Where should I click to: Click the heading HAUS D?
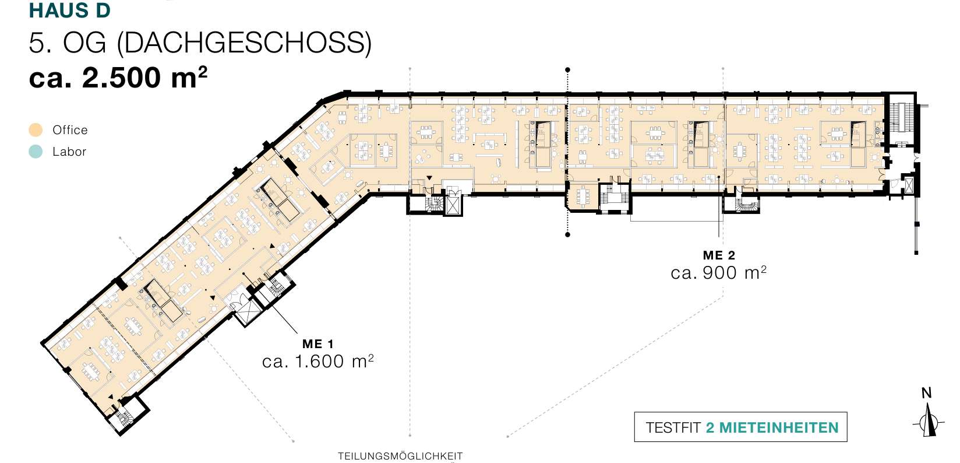click(69, 10)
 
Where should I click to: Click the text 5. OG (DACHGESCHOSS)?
click(200, 43)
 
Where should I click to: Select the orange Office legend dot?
click(36, 129)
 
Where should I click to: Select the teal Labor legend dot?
click(36, 152)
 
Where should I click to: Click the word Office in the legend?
click(70, 129)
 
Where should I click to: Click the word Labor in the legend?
click(69, 152)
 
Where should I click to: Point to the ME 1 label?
click(317, 343)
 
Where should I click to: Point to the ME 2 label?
click(719, 255)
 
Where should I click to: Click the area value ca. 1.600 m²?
click(317, 362)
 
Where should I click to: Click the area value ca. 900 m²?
click(718, 272)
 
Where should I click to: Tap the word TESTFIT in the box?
click(673, 428)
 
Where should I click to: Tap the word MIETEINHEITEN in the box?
click(779, 428)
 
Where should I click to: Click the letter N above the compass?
click(927, 392)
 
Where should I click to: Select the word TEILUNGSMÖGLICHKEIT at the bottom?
click(400, 455)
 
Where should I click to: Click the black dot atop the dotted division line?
click(567, 69)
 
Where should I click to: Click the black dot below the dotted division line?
click(567, 235)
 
